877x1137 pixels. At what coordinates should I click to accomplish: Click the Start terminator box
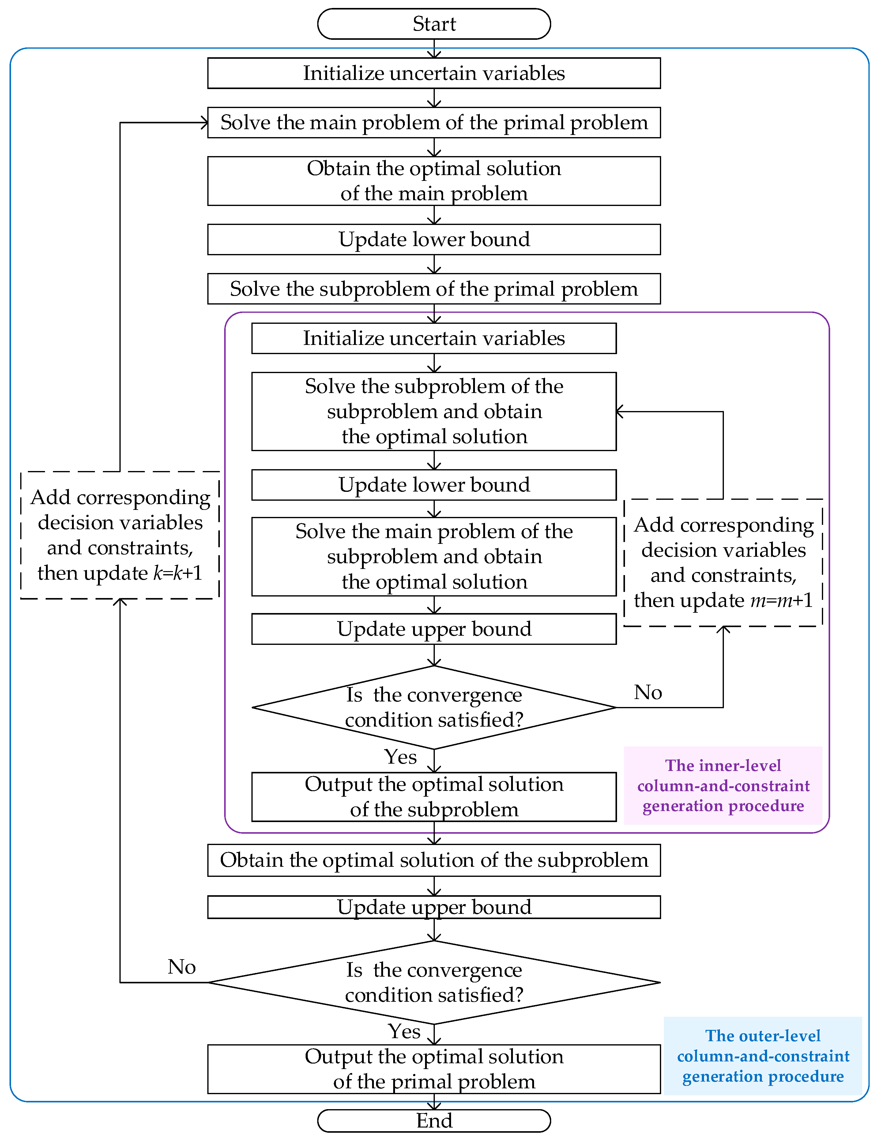click(434, 24)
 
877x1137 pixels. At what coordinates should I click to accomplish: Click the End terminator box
click(434, 1120)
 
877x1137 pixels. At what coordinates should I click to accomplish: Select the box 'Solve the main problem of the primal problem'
click(434, 123)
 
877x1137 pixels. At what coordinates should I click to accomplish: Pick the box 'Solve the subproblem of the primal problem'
click(434, 289)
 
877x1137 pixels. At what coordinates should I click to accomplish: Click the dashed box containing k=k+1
click(120, 535)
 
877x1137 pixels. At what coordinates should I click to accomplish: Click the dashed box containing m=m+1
click(723, 563)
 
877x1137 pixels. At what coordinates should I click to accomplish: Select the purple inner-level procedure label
click(723, 786)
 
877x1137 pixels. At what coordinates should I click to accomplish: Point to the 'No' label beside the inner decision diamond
click(648, 692)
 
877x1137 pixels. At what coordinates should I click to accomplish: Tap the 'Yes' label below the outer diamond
click(404, 1031)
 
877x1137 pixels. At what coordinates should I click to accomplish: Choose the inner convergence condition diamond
click(434, 708)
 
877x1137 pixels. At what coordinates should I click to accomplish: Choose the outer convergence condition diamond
click(434, 982)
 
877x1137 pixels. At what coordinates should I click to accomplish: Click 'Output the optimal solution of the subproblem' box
click(434, 797)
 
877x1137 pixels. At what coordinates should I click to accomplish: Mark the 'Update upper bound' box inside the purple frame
click(434, 629)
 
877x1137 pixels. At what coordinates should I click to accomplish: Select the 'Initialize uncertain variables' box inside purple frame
click(434, 338)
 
